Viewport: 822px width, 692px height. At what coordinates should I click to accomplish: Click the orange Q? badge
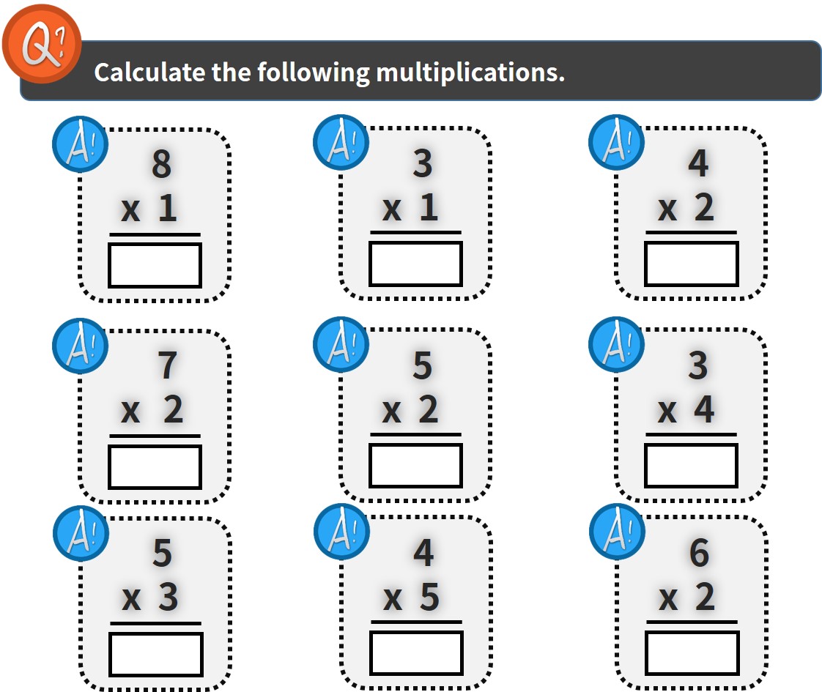click(x=42, y=44)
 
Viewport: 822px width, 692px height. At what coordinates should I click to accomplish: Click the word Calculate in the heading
click(x=149, y=72)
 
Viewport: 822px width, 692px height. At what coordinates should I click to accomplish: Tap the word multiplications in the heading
click(x=470, y=72)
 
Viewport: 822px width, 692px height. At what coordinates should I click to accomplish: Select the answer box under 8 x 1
click(x=155, y=265)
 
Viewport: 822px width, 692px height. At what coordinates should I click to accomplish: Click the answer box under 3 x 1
click(x=415, y=264)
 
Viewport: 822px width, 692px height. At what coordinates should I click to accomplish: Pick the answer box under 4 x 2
click(x=692, y=264)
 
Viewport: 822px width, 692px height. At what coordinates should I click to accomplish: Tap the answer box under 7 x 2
click(x=155, y=466)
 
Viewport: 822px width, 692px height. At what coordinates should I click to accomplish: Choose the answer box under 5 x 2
click(x=415, y=465)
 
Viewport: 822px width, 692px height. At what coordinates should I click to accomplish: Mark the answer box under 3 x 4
click(x=692, y=465)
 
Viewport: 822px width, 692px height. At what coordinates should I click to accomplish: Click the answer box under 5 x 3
click(x=156, y=654)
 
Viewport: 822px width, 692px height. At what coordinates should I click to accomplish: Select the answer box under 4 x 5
click(x=417, y=652)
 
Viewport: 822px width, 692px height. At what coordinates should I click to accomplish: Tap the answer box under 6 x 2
click(x=692, y=652)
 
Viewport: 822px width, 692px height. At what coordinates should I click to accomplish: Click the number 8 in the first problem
click(x=161, y=164)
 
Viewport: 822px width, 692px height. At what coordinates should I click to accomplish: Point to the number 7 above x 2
click(x=167, y=365)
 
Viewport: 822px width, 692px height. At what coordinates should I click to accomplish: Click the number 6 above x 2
click(x=700, y=553)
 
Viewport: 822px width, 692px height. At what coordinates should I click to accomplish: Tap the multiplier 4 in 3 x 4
click(x=704, y=409)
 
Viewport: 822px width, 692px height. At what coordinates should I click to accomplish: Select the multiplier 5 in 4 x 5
click(x=429, y=597)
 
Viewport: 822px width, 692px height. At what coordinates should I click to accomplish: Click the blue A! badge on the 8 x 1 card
click(x=80, y=144)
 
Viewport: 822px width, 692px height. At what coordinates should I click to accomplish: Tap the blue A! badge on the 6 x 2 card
click(x=617, y=532)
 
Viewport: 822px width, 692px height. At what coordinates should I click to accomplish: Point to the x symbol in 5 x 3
click(x=132, y=599)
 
